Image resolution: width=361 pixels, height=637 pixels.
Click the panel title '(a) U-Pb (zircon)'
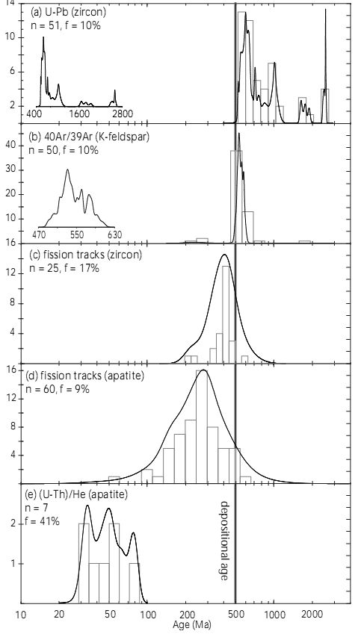pyautogui.click(x=68, y=13)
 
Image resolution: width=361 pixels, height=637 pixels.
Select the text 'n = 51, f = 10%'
pyautogui.click(x=66, y=25)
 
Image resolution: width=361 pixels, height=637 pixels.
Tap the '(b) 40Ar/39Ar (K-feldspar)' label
pyautogui.click(x=90, y=137)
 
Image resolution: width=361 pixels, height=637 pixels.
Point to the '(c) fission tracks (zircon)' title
pyautogui.click(x=86, y=255)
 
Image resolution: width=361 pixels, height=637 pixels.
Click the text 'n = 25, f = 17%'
pyautogui.click(x=64, y=268)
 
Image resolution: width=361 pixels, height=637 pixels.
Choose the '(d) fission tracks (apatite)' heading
pyautogui.click(x=85, y=376)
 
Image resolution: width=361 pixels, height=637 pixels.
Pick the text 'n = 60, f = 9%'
pyautogui.click(x=58, y=389)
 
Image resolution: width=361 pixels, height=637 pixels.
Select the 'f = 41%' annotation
pyautogui.click(x=44, y=521)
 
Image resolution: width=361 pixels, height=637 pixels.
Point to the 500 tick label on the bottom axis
pyautogui.click(x=235, y=615)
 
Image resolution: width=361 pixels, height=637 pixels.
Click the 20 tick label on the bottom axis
pyautogui.click(x=59, y=615)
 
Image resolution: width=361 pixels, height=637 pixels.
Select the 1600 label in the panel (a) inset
pyautogui.click(x=78, y=114)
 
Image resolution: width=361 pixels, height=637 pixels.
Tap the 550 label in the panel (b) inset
pyautogui.click(x=77, y=235)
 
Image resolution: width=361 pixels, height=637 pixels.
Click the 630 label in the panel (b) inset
pyautogui.click(x=114, y=235)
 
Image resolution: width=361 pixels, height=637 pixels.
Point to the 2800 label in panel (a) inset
pyautogui.click(x=123, y=114)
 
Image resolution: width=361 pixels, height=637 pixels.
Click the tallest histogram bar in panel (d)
pyautogui.click(x=202, y=426)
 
